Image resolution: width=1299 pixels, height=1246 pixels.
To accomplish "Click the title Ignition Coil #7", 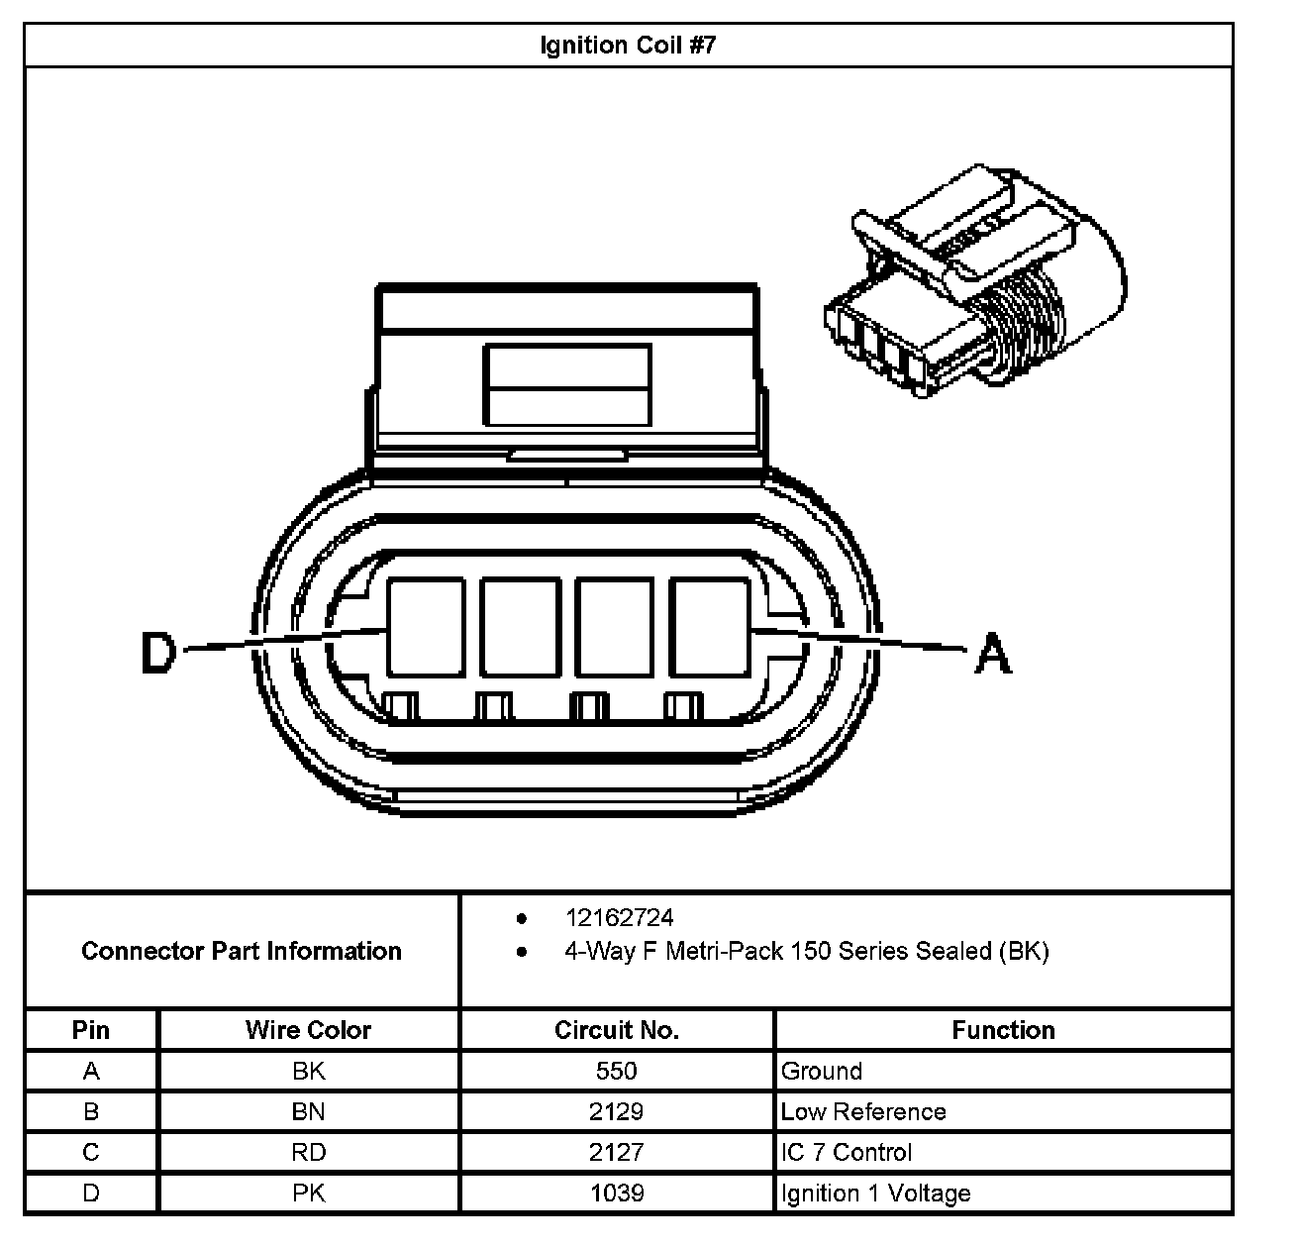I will [x=628, y=46].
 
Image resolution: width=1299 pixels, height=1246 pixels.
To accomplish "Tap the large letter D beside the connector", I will [x=158, y=653].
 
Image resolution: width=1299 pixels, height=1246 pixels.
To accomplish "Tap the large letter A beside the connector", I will [x=993, y=654].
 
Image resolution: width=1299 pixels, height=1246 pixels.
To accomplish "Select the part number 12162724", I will [x=619, y=918].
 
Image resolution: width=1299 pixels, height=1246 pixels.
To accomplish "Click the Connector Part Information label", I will [x=242, y=951].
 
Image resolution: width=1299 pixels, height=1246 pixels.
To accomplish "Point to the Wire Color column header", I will [x=308, y=1030].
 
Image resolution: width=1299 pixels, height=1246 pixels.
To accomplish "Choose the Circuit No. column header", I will [x=616, y=1030].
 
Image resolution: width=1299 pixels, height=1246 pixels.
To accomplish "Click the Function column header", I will [x=1003, y=1030].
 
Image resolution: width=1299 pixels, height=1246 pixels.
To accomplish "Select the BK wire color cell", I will [x=308, y=1071].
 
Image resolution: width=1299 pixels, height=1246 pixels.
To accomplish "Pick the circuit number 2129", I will [x=616, y=1111].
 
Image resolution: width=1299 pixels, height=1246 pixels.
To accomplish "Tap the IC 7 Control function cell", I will [x=847, y=1152].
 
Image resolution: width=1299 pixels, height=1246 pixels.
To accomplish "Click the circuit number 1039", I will [x=616, y=1194].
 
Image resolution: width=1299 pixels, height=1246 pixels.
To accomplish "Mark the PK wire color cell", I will [x=308, y=1194].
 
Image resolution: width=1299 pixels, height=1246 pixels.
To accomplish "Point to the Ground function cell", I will [x=822, y=1071].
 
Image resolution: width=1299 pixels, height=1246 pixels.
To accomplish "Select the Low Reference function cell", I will [x=863, y=1111].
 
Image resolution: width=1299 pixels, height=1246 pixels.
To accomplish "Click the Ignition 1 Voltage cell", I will [x=875, y=1194].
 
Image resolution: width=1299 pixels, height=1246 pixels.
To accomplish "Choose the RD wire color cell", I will [x=308, y=1152].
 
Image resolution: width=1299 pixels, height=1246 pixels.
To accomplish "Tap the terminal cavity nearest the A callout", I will [x=709, y=628].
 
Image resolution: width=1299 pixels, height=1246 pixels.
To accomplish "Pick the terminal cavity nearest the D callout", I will [x=426, y=628].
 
